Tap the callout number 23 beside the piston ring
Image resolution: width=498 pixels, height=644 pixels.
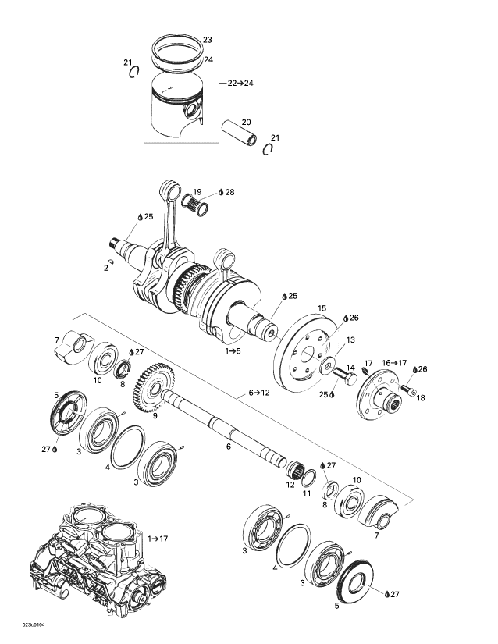207,40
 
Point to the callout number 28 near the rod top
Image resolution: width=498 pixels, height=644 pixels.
229,192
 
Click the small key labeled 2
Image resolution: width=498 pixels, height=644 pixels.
112,262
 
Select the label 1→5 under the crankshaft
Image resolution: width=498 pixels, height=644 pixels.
233,352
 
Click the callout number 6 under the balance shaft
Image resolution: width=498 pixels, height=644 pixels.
229,447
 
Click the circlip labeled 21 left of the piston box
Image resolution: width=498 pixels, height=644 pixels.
133,72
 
